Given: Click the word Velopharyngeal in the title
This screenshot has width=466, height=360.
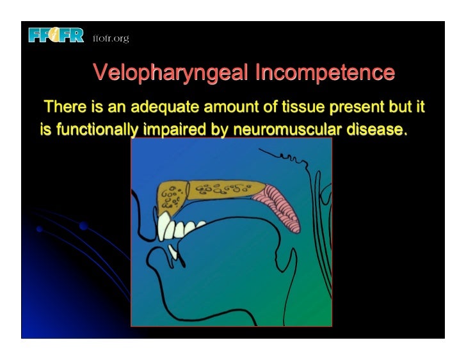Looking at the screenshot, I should tap(171, 72).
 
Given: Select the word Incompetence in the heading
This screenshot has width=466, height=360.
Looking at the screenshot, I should tap(325, 72).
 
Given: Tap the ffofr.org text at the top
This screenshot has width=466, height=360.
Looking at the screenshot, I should tap(111, 39).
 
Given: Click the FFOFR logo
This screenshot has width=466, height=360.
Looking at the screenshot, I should tap(56, 35).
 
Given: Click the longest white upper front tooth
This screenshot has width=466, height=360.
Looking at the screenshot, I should tap(165, 227).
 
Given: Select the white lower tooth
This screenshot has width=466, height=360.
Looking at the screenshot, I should tap(172, 251).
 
